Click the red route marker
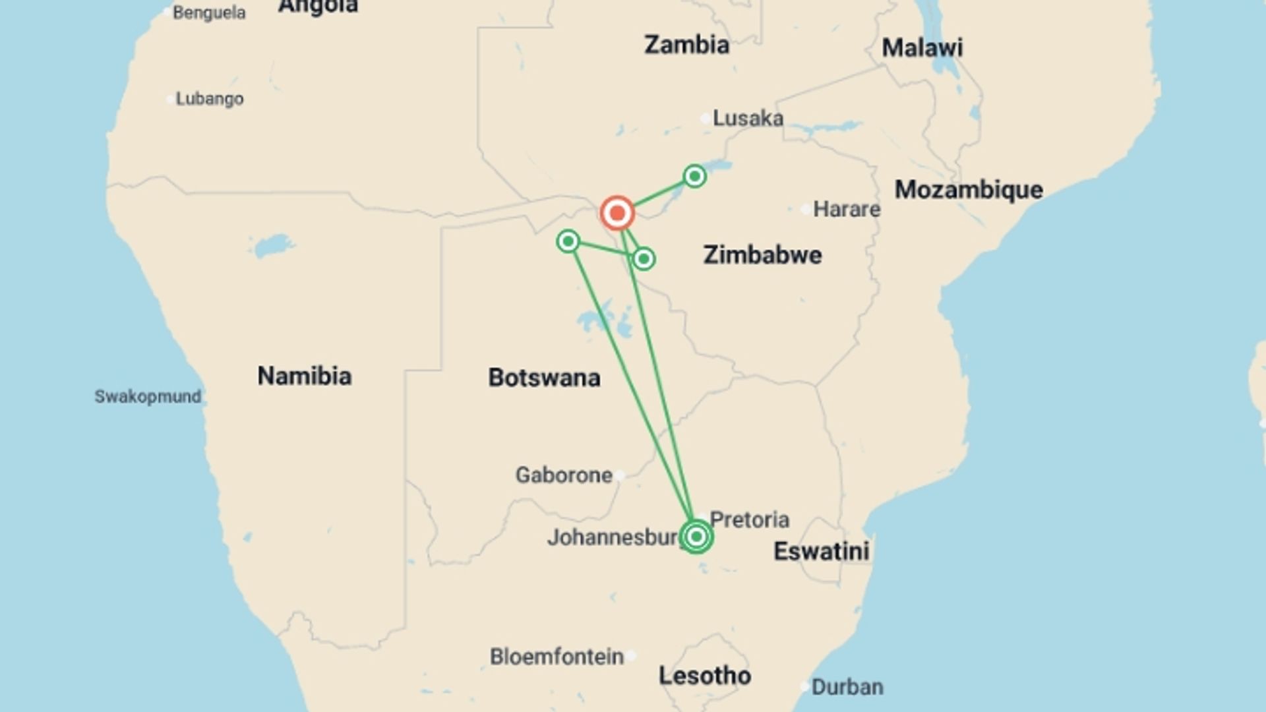coord(617,213)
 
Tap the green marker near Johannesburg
coord(696,537)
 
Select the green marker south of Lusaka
coord(694,176)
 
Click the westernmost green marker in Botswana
coord(568,241)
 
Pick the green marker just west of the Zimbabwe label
coord(644,258)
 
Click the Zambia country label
coord(686,45)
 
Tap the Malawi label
coord(922,47)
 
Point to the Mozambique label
coord(969,190)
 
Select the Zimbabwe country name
coord(762,255)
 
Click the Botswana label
coord(544,378)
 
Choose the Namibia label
coord(304,376)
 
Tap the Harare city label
coord(846,210)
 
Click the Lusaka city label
coord(748,119)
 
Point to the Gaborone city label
coord(564,475)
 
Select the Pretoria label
coord(749,519)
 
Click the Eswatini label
coord(821,551)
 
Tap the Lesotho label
coord(705,676)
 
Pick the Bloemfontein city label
coord(557,657)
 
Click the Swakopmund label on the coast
coord(148,396)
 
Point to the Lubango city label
coord(209,99)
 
